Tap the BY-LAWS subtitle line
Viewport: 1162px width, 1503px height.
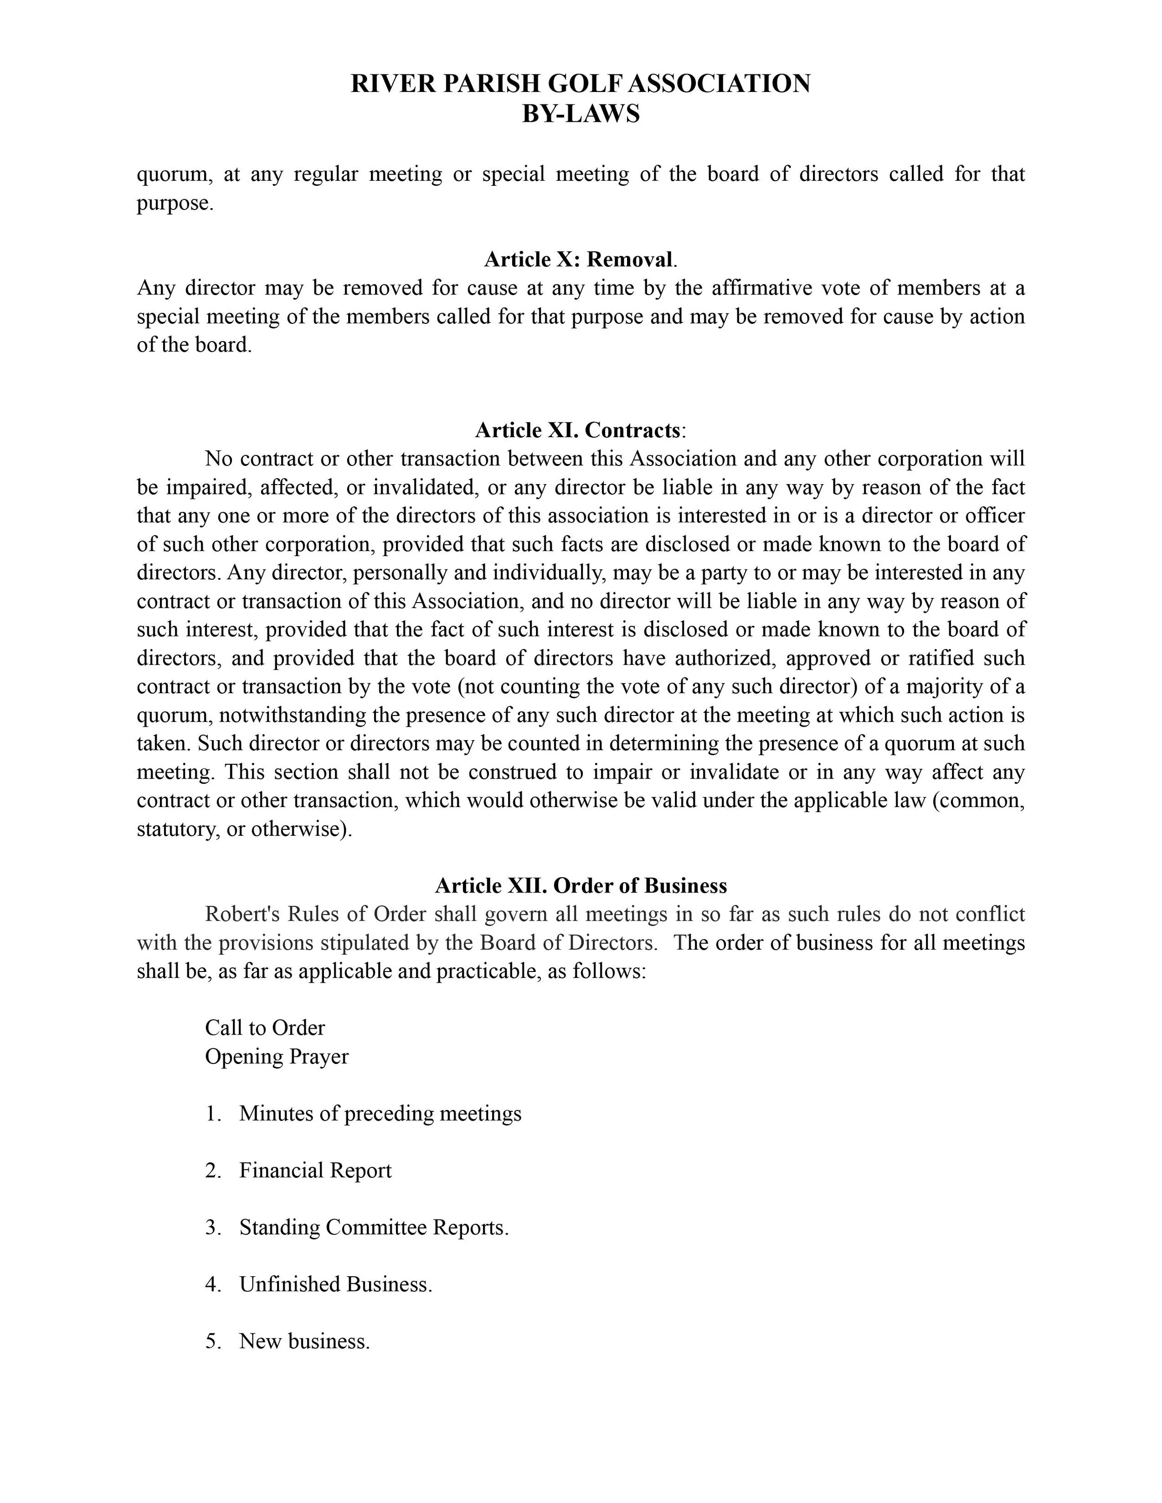point(581,113)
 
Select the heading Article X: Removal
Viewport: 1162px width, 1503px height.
point(581,259)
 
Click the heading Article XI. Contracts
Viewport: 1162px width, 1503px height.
point(581,430)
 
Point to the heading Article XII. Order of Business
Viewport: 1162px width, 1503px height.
point(581,886)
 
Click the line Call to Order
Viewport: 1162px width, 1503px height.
point(265,1028)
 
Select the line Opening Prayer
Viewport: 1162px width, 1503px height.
point(277,1057)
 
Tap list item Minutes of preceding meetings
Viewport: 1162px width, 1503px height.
point(380,1114)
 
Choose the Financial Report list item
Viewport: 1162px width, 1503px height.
point(315,1171)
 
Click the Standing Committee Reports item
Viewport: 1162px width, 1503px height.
point(374,1228)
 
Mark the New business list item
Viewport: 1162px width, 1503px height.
point(304,1341)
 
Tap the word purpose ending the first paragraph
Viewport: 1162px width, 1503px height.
point(174,203)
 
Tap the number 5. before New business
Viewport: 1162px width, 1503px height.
point(213,1341)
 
